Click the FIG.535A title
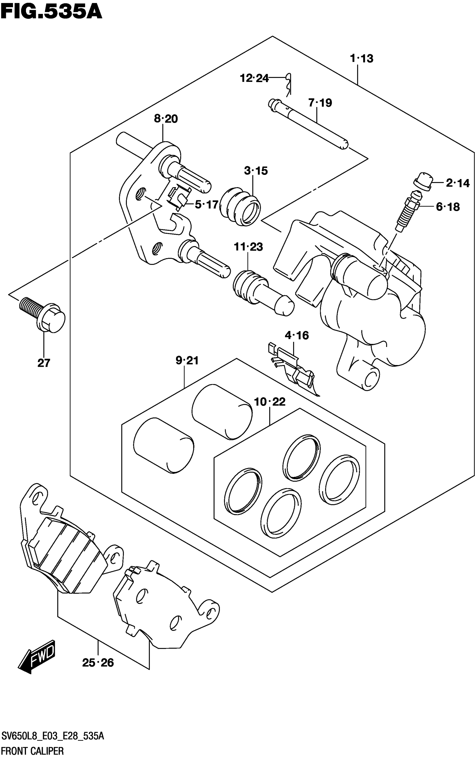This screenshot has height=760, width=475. pyautogui.click(x=51, y=12)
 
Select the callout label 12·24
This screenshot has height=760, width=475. pyautogui.click(x=254, y=78)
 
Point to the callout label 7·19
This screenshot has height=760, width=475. pyautogui.click(x=320, y=103)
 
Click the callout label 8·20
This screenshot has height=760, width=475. pyautogui.click(x=166, y=119)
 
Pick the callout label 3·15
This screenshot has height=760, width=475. pyautogui.click(x=256, y=171)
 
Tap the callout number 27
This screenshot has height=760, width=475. pyautogui.click(x=44, y=363)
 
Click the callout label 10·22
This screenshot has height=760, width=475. pyautogui.click(x=270, y=402)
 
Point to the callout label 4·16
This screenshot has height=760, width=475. pyautogui.click(x=296, y=335)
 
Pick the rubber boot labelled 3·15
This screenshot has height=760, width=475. pyautogui.click(x=240, y=206)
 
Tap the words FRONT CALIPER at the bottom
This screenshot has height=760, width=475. pyautogui.click(x=32, y=751)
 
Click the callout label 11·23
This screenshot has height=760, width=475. pyautogui.click(x=248, y=247)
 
